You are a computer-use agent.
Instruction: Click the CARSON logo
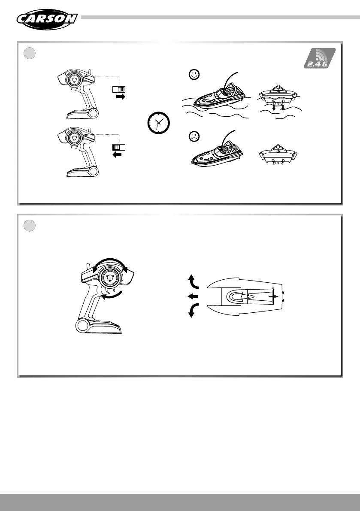(x=47, y=18)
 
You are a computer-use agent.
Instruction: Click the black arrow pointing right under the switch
(x=121, y=97)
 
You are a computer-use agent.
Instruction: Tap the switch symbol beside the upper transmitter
(x=118, y=89)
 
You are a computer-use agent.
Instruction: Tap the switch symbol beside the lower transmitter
(x=118, y=147)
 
